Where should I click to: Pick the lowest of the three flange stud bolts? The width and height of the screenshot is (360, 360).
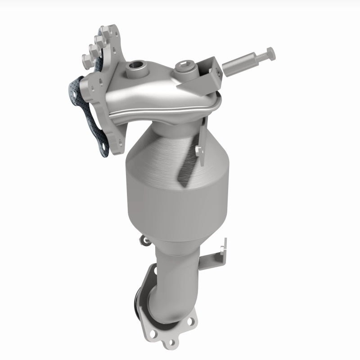click(x=85, y=59)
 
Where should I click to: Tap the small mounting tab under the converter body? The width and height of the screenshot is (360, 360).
click(x=144, y=238)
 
